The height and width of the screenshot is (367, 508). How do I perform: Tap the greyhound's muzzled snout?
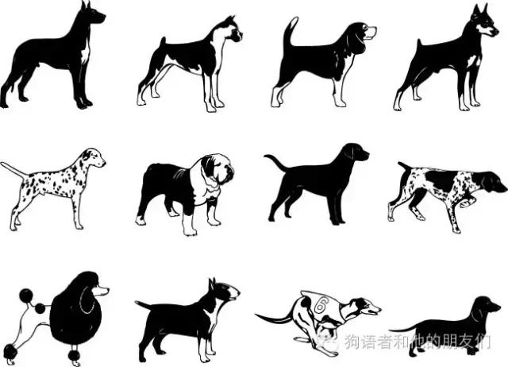coord(371,308)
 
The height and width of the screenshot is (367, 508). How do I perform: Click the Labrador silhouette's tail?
coord(277,163)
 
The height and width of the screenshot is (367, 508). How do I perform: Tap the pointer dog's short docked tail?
coord(402,167)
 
